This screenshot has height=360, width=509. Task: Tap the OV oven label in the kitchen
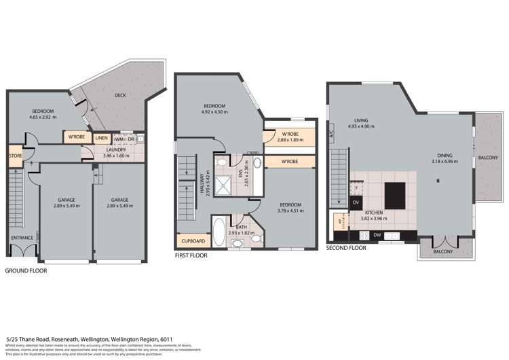(x=356, y=202)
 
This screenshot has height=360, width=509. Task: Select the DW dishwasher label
(x=377, y=235)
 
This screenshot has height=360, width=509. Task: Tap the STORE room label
(x=15, y=156)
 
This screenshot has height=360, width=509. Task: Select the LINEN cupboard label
(x=101, y=138)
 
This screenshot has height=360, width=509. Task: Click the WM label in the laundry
(x=119, y=139)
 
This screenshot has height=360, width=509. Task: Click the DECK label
(x=120, y=96)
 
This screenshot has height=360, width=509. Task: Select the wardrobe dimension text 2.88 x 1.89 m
(x=290, y=138)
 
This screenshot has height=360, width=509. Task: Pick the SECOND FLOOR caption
(x=346, y=249)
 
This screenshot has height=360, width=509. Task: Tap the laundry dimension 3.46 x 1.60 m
(x=115, y=156)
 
